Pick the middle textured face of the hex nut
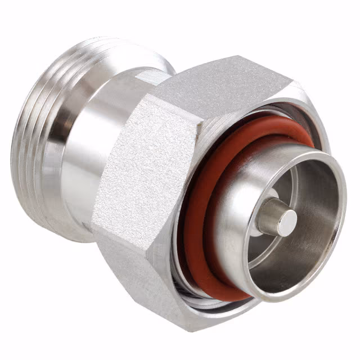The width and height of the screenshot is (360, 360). [x=146, y=169]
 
